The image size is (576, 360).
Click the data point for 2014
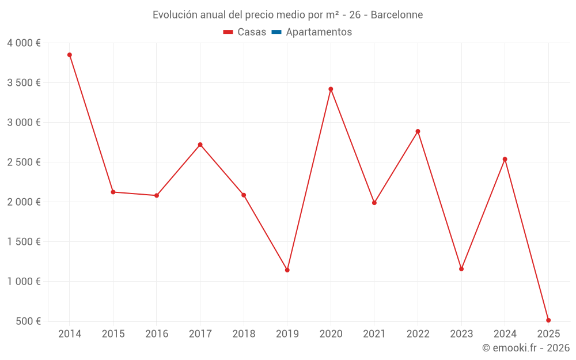[70, 55]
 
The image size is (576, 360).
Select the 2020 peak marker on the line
[331, 89]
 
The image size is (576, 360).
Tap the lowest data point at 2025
[548, 320]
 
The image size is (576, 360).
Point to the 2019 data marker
[287, 270]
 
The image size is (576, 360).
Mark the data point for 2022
[418, 131]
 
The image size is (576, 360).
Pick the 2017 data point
[200, 145]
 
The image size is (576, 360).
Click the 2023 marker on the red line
[461, 269]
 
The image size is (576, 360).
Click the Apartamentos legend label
[319, 32]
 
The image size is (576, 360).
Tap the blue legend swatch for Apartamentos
[276, 32]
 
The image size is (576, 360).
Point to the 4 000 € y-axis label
[24, 43]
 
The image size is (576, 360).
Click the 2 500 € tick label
[24, 162]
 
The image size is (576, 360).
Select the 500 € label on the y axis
[27, 321]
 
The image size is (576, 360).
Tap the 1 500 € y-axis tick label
[24, 242]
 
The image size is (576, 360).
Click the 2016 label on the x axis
[157, 334]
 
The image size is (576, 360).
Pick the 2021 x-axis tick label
[374, 334]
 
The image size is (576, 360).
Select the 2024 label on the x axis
[505, 334]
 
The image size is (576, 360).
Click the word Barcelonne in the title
[397, 15]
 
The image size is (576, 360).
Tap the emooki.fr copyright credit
[525, 348]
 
